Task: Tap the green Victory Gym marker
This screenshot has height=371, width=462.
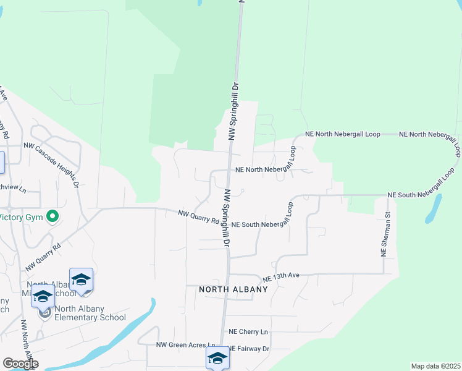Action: [x=52, y=217]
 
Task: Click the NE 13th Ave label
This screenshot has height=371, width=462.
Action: [x=281, y=276]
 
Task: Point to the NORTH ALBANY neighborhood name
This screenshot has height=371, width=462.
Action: [x=233, y=289]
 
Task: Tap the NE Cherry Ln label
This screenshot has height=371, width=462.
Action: [x=249, y=332]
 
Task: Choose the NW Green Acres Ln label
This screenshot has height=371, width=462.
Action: [x=186, y=345]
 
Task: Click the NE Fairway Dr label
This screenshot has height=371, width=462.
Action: [x=250, y=349]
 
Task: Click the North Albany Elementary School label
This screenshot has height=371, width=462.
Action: [x=90, y=313]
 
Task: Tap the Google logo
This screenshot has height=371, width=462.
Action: [x=20, y=364]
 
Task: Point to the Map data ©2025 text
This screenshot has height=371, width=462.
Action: [x=435, y=366]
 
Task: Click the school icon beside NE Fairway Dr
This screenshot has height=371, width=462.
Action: [x=217, y=358]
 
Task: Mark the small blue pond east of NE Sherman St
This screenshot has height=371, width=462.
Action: [x=434, y=208]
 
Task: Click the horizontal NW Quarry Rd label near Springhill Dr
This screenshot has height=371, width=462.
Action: [x=198, y=217]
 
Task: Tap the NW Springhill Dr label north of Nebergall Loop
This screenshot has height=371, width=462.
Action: [x=233, y=111]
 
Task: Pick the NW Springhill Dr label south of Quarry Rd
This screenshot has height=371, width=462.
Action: [x=227, y=218]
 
